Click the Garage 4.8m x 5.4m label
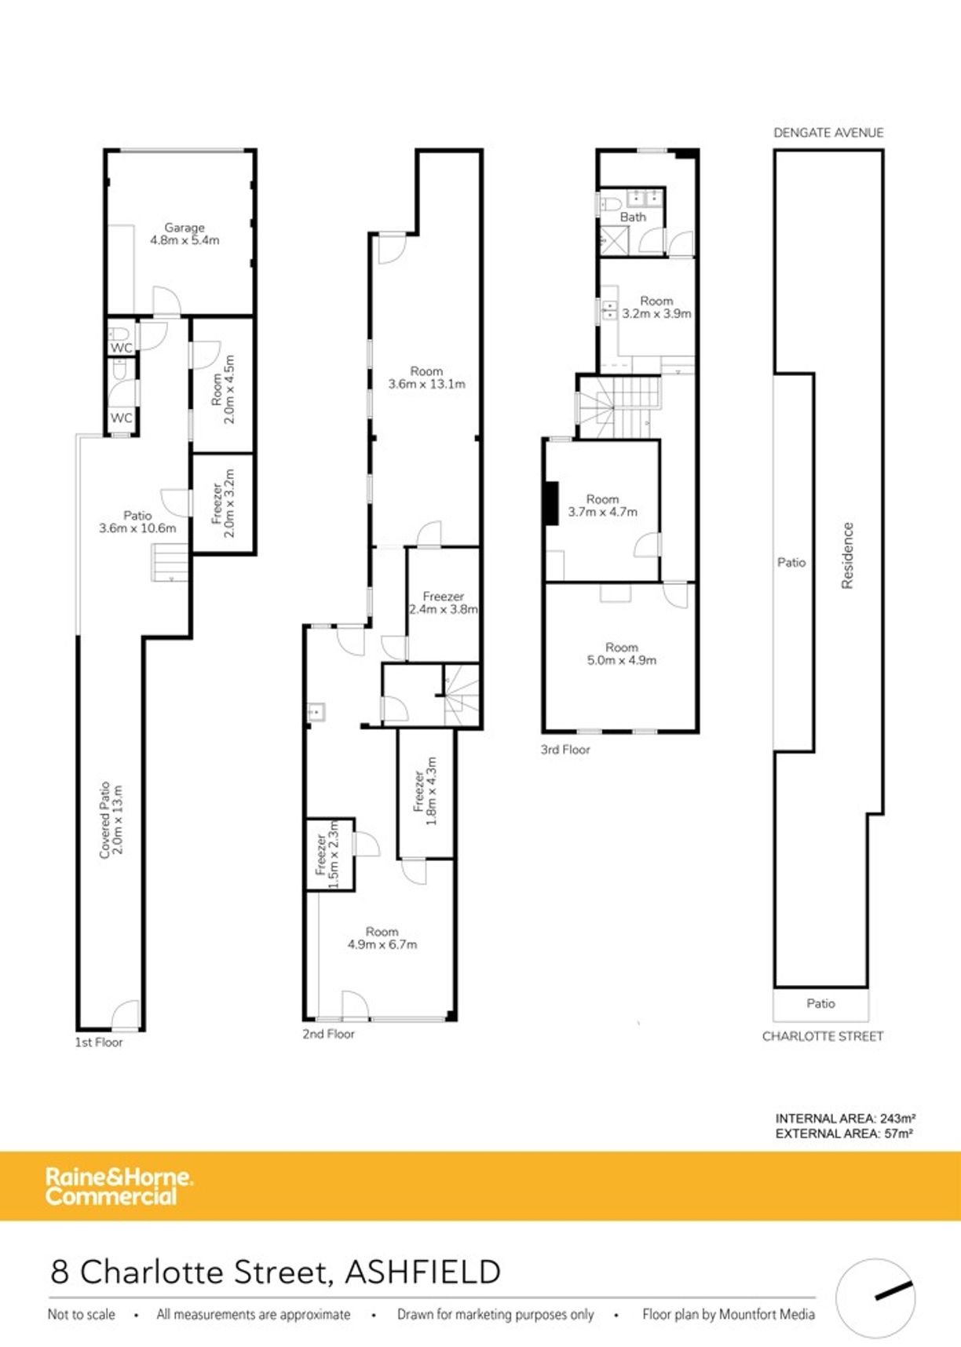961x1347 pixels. [185, 234]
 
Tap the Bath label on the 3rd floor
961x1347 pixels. [633, 217]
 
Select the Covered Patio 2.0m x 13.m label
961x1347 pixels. [111, 819]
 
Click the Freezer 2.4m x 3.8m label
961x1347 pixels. [443, 603]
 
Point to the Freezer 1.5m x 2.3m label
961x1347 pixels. [327, 855]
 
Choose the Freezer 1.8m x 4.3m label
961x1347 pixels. [425, 791]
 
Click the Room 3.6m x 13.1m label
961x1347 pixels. [426, 378]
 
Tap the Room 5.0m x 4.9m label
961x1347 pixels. [621, 654]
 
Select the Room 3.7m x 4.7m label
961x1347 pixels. [602, 506]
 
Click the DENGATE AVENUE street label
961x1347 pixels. [828, 133]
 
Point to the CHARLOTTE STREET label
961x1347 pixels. [822, 1036]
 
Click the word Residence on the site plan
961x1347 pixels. [847, 555]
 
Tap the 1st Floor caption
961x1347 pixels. [99, 1042]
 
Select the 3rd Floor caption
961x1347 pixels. [565, 750]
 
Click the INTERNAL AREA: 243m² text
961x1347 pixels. [845, 1118]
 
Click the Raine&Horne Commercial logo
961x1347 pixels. [118, 1186]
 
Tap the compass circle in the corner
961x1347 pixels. [875, 1298]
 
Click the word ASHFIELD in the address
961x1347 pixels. [422, 1272]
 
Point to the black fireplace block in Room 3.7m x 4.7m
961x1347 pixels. [552, 503]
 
